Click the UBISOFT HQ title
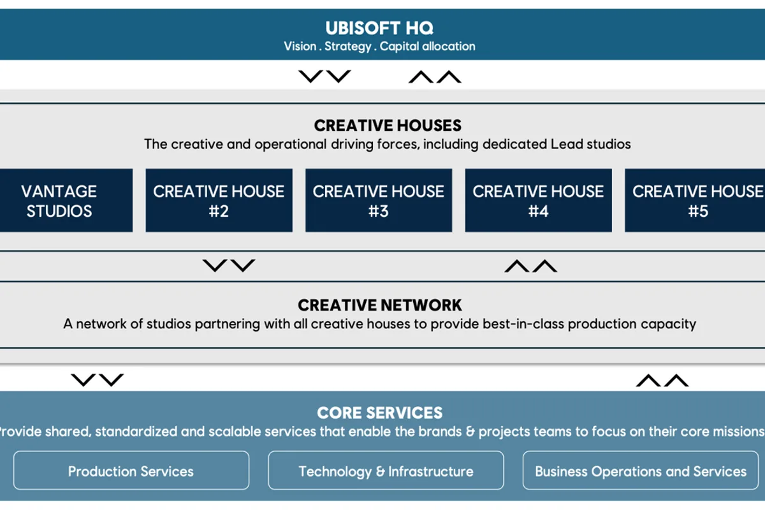pyautogui.click(x=379, y=28)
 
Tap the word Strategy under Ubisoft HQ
pyautogui.click(x=347, y=47)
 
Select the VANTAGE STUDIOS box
pyautogui.click(x=66, y=201)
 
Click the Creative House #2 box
pyautogui.click(x=219, y=201)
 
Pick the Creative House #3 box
pyautogui.click(x=379, y=201)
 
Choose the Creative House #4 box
pyautogui.click(x=538, y=201)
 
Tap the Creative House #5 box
pyautogui.click(x=695, y=201)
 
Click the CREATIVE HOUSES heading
pyautogui.click(x=388, y=126)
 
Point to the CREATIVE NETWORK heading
pyautogui.click(x=380, y=305)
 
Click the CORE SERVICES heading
pyautogui.click(x=380, y=412)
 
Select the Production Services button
pyautogui.click(x=131, y=470)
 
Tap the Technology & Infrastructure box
pyautogui.click(x=386, y=470)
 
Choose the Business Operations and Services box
pyautogui.click(x=641, y=470)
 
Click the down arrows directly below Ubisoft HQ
pyautogui.click(x=324, y=76)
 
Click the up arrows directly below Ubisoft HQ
pyautogui.click(x=435, y=76)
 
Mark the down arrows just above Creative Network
pyautogui.click(x=229, y=266)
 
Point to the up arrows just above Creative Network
pyautogui.click(x=530, y=266)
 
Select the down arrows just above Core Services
pyautogui.click(x=98, y=380)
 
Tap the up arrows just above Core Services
pyautogui.click(x=662, y=380)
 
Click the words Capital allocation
pyautogui.click(x=428, y=46)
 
